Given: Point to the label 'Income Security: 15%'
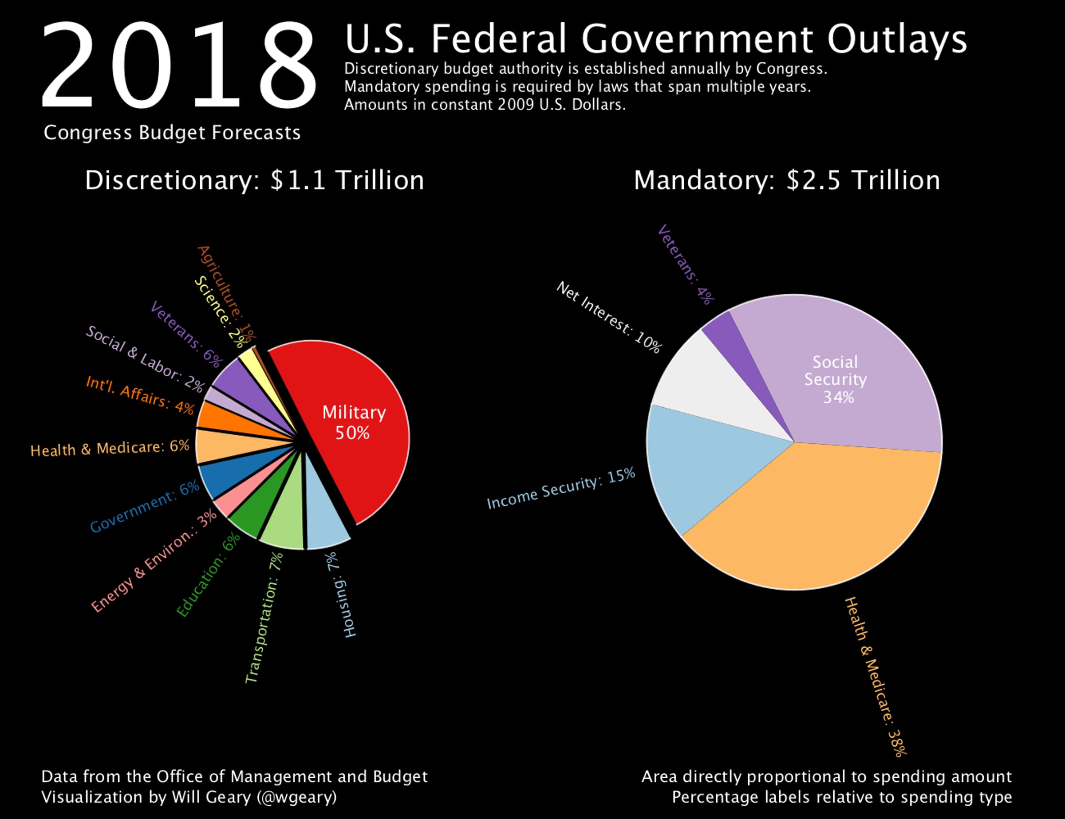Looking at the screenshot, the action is (561, 488).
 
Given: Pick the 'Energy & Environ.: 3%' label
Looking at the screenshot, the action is (154, 561).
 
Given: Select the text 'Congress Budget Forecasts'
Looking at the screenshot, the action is (172, 133).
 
